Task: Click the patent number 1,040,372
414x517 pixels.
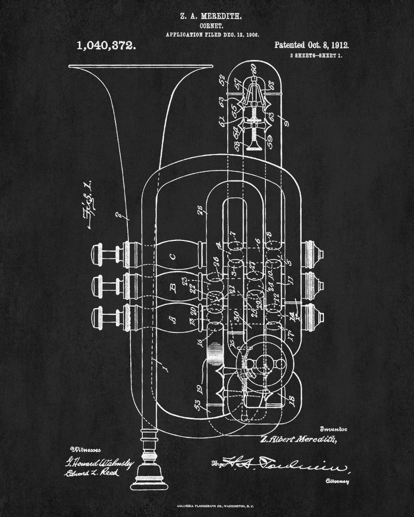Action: pos(107,45)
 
